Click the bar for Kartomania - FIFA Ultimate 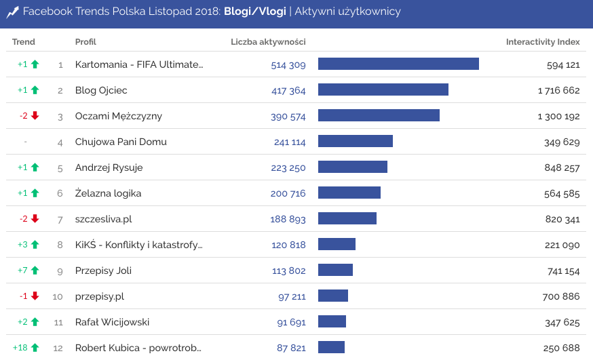tap(398, 64)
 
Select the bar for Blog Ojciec tap(383, 89)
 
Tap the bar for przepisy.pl tap(333, 296)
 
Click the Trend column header tap(24, 42)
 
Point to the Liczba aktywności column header tap(268, 42)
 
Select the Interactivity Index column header tap(543, 42)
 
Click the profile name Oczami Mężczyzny tap(119, 116)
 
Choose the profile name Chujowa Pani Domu tap(121, 142)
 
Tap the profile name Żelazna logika tap(109, 193)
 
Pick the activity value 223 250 tap(288, 168)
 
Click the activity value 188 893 tap(288, 220)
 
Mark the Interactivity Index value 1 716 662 tap(558, 90)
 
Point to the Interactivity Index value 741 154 tap(562, 271)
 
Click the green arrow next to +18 tap(35, 348)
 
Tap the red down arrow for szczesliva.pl tap(35, 219)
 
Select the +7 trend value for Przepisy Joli tap(23, 271)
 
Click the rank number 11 tap(58, 322)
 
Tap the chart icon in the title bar tap(12, 12)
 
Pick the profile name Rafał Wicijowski tap(113, 322)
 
